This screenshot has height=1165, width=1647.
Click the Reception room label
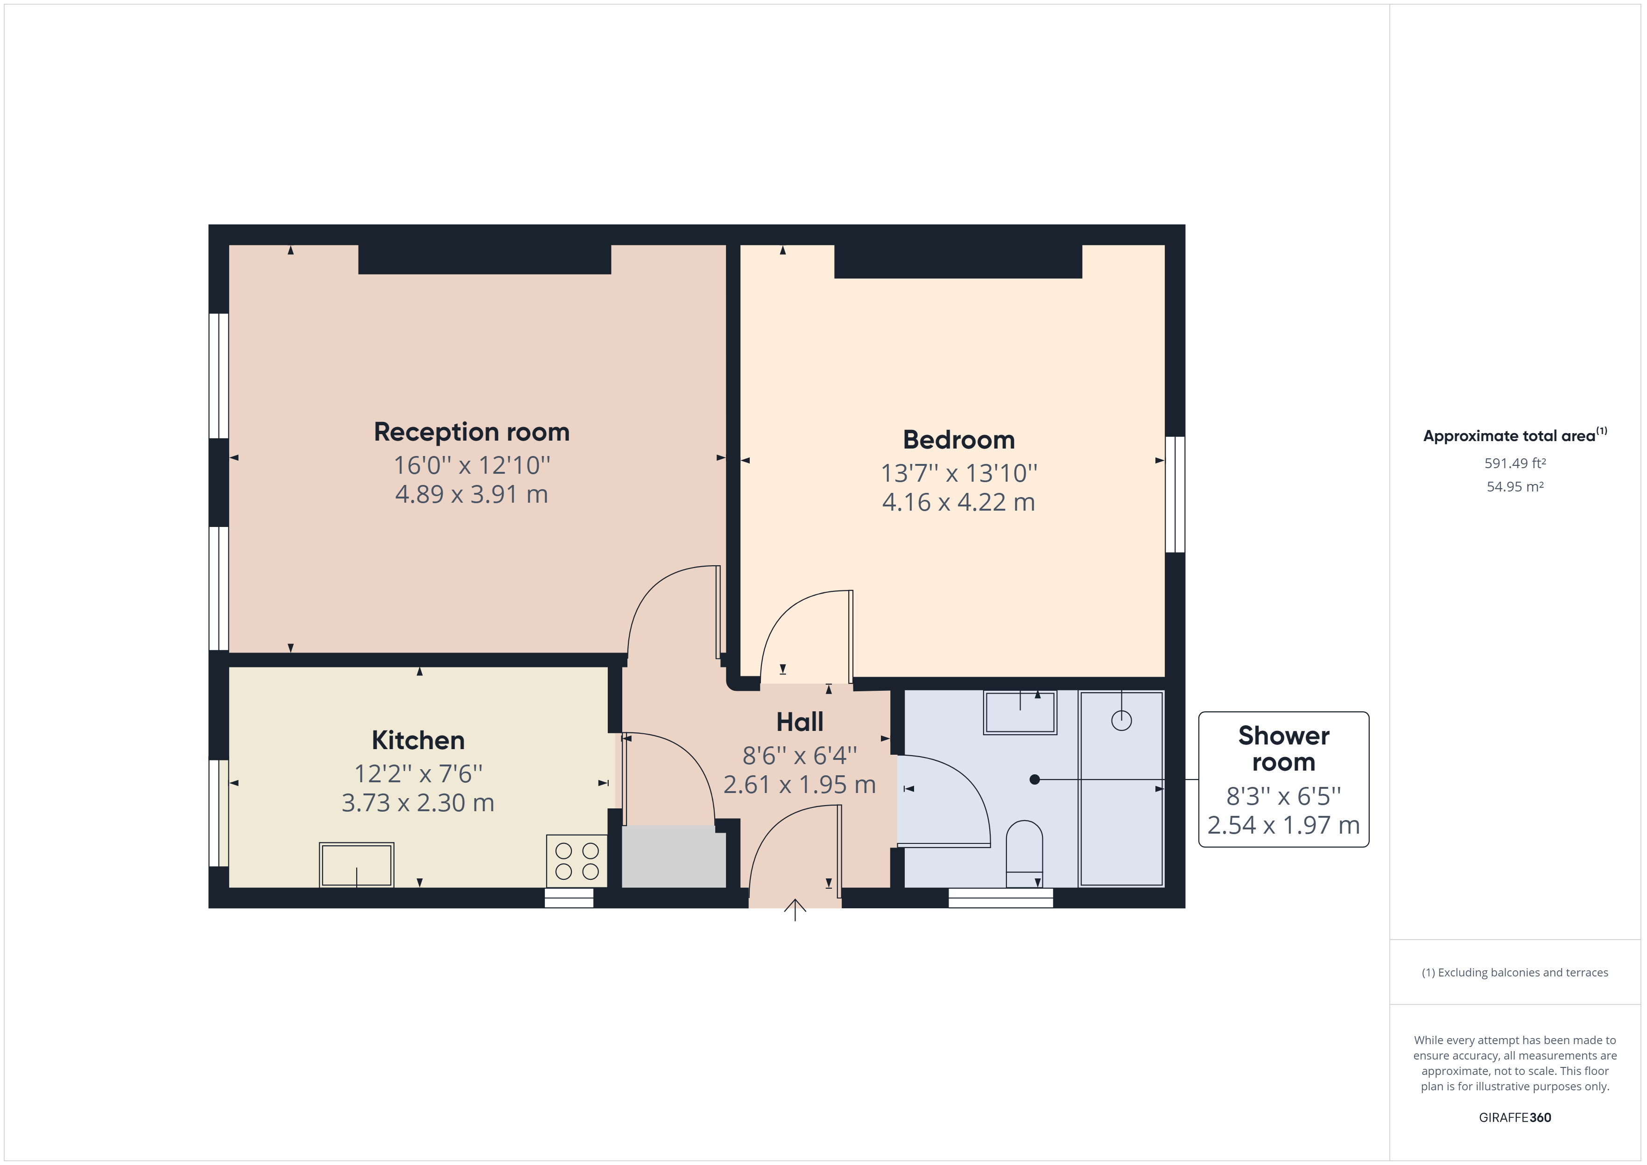click(472, 432)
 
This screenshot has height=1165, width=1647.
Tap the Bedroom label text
click(958, 440)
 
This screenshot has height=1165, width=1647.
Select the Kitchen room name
click(418, 740)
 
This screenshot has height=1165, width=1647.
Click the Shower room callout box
click(1283, 780)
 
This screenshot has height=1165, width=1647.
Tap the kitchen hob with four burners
click(577, 861)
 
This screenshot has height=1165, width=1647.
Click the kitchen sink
click(357, 865)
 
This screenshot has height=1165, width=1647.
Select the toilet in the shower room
click(1024, 854)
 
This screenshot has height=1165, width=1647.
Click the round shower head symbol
click(1121, 720)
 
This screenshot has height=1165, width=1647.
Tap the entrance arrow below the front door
click(795, 911)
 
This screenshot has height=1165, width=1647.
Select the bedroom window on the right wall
click(1174, 494)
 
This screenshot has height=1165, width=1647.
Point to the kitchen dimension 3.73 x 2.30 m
click(418, 803)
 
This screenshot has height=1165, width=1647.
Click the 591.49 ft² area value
click(1515, 463)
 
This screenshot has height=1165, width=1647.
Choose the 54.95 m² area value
click(1515, 486)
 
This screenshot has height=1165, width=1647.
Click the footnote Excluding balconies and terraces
click(1515, 973)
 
